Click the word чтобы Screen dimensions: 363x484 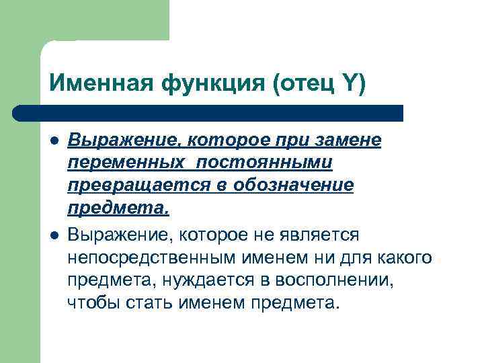tap(93, 302)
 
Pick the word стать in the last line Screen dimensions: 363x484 tap(150, 302)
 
